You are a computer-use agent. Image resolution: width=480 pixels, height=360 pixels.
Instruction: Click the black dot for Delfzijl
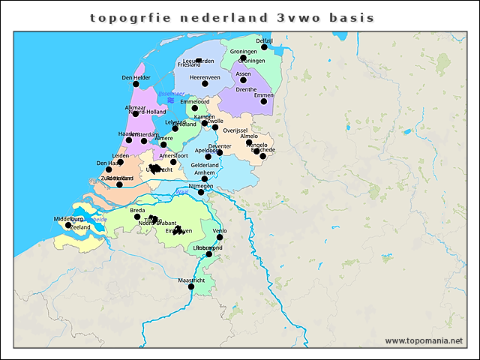pos(264,47)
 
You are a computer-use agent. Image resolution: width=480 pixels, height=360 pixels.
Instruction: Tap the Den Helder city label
pos(136,77)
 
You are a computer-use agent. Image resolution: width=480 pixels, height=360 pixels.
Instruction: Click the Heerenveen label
pos(205,76)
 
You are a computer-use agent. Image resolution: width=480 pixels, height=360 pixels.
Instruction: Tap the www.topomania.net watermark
pos(424,340)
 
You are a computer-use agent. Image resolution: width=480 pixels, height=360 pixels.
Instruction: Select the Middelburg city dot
pos(68,225)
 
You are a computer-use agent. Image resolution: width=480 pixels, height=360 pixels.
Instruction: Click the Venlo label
pos(220,230)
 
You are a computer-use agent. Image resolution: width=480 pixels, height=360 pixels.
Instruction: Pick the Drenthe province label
pos(246,89)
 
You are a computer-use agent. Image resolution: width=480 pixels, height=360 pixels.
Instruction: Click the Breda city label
pos(137,211)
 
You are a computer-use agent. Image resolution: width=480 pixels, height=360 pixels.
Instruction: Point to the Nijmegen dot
pos(200,192)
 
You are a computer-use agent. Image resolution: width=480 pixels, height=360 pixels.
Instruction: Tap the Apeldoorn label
pos(207,150)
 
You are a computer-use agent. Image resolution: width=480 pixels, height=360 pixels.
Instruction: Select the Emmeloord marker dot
pos(195,108)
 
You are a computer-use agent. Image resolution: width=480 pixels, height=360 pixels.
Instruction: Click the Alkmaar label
pos(136,107)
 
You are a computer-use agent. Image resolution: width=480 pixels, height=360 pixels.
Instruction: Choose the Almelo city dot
pos(249,142)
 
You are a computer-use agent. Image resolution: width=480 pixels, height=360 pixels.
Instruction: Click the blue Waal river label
pos(181,193)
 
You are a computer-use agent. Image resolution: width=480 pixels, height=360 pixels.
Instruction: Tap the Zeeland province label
pos(80,226)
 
